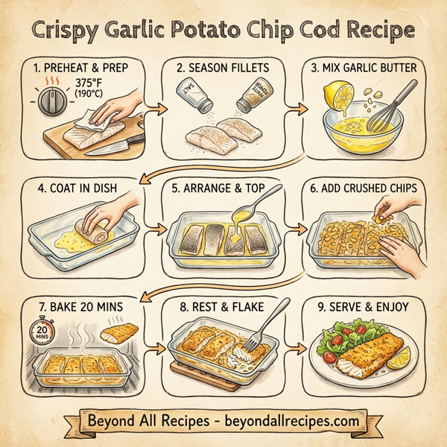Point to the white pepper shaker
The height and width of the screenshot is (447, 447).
click(x=250, y=98)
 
